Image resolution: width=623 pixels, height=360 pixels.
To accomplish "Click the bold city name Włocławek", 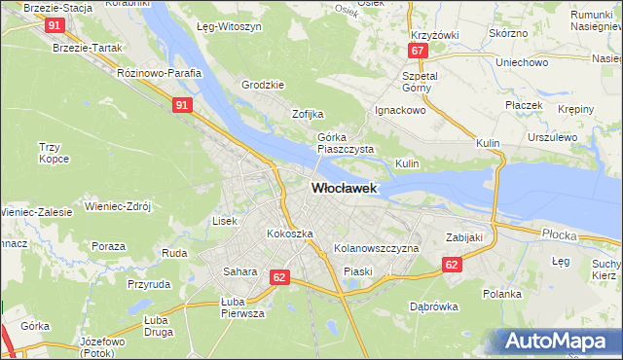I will click(344, 189).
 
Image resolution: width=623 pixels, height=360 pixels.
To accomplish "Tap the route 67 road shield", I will click(418, 51).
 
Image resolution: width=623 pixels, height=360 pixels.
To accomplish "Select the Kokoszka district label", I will click(290, 234).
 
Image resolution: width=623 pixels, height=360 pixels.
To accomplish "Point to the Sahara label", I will click(239, 271).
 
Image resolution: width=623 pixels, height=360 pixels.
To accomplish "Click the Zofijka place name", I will click(308, 114).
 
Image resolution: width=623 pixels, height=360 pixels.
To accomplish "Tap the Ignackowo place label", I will click(401, 110).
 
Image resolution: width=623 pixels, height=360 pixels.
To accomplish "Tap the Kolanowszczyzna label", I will click(376, 249).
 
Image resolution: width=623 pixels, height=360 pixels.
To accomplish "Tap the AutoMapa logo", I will click(558, 342).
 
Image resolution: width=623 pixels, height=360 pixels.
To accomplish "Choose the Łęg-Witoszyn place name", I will click(229, 28).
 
